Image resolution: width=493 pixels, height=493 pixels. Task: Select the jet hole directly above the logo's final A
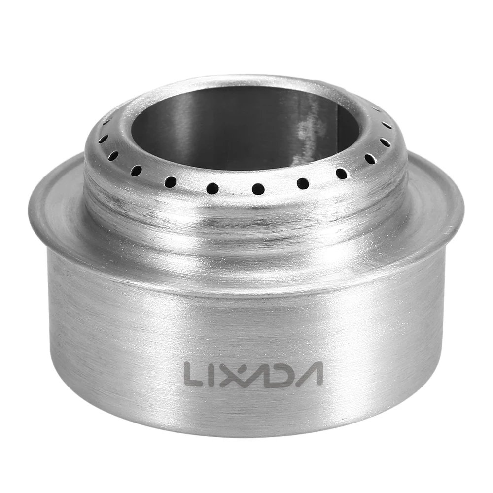point(303,184)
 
